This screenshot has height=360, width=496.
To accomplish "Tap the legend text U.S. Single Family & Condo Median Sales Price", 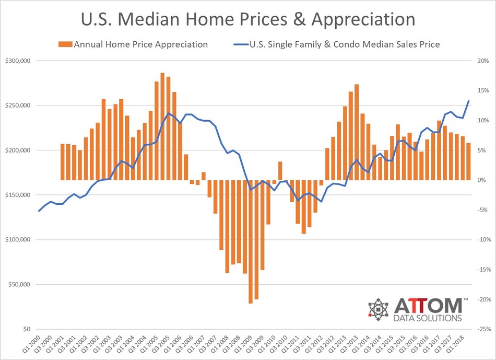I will (346, 44).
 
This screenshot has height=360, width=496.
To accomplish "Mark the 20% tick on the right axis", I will (482, 61).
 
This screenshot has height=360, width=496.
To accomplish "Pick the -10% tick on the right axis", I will (481, 240).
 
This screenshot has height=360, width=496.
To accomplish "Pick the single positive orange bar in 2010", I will (280, 171).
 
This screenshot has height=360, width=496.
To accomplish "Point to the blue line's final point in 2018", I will (468, 101).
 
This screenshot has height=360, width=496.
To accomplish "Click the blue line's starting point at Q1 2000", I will (39, 211).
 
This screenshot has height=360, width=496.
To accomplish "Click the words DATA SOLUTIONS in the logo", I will (429, 318).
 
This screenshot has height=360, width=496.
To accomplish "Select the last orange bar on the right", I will (468, 161).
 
